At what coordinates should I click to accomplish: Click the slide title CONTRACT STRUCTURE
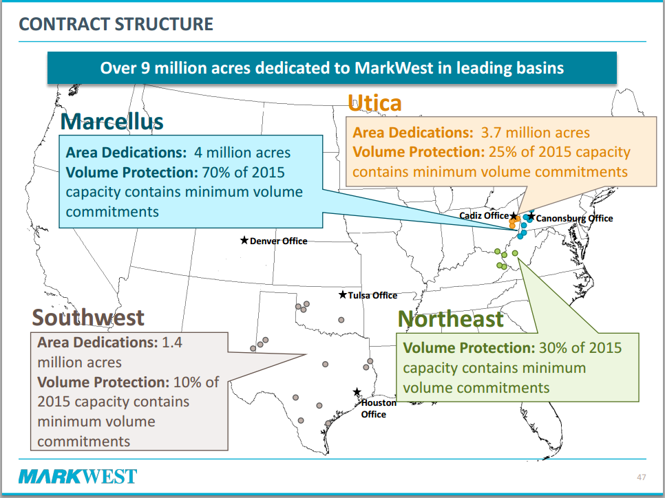click(x=116, y=24)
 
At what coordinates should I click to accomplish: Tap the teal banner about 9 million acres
click(x=332, y=68)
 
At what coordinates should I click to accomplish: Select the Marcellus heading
click(x=112, y=122)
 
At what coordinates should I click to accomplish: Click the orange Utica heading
click(x=374, y=103)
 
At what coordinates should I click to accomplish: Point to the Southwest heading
click(x=88, y=318)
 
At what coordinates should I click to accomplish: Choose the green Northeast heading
click(x=450, y=319)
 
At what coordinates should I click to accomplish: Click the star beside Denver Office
click(x=244, y=240)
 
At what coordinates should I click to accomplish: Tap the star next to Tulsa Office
click(x=343, y=294)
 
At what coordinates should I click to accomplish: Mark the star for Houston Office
click(x=357, y=392)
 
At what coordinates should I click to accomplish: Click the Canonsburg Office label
click(x=574, y=218)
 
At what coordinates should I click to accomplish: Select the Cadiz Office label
click(x=484, y=215)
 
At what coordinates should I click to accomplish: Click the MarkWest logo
click(x=78, y=476)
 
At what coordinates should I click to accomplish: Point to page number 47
click(x=642, y=477)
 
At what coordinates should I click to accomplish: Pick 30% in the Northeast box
click(x=553, y=348)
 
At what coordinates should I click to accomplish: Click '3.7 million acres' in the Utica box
click(x=535, y=133)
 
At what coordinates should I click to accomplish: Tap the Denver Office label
click(x=279, y=241)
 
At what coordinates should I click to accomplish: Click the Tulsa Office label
click(x=373, y=295)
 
